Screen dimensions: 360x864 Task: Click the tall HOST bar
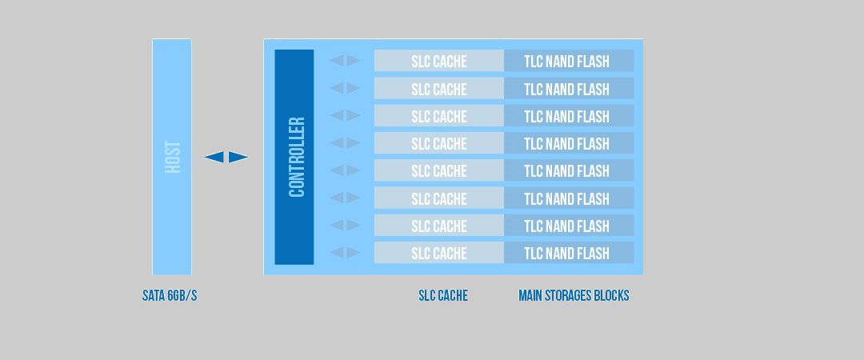(x=172, y=157)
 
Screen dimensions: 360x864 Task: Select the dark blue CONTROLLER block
(x=294, y=157)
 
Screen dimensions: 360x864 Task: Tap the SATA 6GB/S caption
(x=170, y=296)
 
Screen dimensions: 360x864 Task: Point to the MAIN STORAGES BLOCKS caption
(x=574, y=296)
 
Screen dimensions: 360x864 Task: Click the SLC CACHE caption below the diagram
(x=443, y=296)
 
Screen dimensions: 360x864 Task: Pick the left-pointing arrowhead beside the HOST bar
(x=214, y=157)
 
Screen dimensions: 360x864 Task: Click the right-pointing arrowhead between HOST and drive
(x=238, y=157)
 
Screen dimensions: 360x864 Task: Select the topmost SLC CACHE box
(x=438, y=61)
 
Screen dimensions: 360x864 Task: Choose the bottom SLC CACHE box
(x=438, y=253)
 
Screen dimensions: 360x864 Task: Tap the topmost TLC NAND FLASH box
(x=568, y=61)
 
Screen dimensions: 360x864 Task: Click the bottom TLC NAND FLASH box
(x=568, y=253)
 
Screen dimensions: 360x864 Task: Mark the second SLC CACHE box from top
(x=438, y=88)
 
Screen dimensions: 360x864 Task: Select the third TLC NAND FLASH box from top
(x=568, y=116)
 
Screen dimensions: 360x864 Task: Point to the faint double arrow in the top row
(x=345, y=61)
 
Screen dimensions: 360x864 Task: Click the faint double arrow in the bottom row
(x=345, y=253)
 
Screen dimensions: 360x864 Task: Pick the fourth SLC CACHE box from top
(x=438, y=143)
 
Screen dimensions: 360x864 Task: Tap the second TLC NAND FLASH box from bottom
(x=568, y=226)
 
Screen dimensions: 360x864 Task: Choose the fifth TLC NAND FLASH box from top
(x=568, y=170)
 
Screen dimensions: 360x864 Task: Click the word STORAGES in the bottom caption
(x=574, y=296)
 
